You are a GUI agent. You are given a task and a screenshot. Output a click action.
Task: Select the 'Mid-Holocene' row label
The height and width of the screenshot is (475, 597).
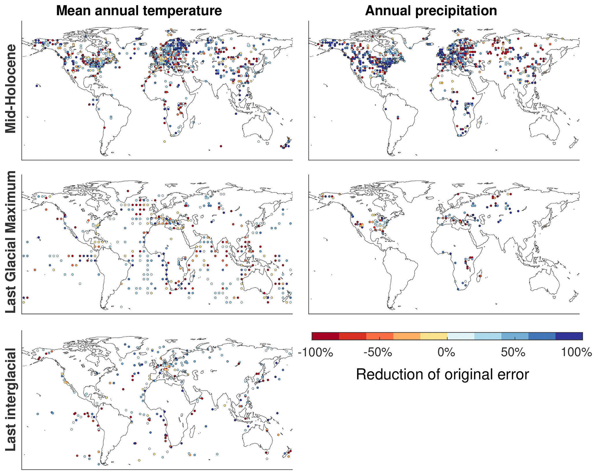(11, 89)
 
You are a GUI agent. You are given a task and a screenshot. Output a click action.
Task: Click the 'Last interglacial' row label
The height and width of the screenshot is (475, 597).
(11, 399)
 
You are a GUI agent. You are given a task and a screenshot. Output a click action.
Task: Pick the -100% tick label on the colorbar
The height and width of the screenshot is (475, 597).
(315, 352)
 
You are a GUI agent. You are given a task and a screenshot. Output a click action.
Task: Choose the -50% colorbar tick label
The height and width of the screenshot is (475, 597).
(378, 352)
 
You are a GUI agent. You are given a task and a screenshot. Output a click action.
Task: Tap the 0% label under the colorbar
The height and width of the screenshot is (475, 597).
(447, 352)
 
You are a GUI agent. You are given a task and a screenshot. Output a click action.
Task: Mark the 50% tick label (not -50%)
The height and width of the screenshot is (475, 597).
(513, 352)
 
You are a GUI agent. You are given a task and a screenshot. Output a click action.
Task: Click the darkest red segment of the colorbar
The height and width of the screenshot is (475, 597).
(325, 336)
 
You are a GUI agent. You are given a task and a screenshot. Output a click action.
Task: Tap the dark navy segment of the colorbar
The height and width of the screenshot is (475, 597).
(569, 336)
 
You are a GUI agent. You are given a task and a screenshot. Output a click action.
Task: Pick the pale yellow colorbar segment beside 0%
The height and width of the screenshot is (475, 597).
(434, 336)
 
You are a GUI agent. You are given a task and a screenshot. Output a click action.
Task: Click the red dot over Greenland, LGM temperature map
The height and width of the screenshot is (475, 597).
(128, 191)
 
